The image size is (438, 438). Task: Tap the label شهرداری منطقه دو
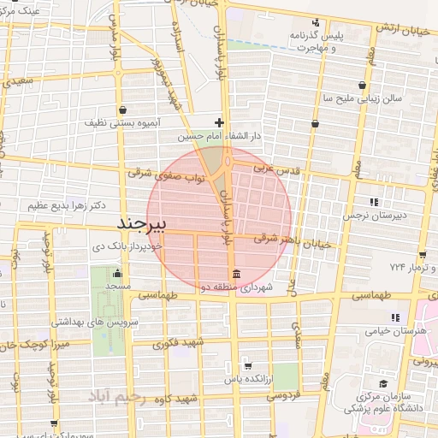point(236,288)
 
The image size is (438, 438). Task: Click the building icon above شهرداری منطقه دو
point(235,274)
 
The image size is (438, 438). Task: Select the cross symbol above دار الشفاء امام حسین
point(220,122)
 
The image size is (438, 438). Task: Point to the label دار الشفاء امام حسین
point(217,136)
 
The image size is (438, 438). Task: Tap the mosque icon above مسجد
point(119,273)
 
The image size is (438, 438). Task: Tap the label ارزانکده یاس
point(248,377)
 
